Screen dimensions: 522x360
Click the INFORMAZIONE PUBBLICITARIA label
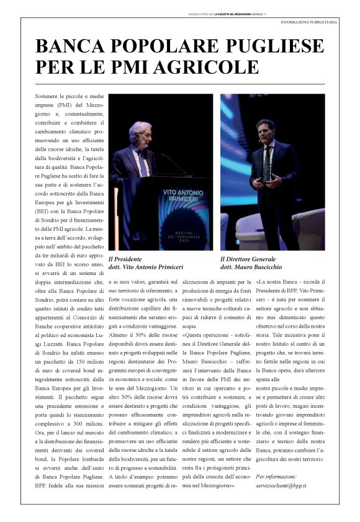pos(309,22)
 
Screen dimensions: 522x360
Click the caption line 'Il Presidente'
pos(125,258)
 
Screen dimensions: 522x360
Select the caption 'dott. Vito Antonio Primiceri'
pos(146,267)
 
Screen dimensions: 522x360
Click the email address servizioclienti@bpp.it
pos(285,484)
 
